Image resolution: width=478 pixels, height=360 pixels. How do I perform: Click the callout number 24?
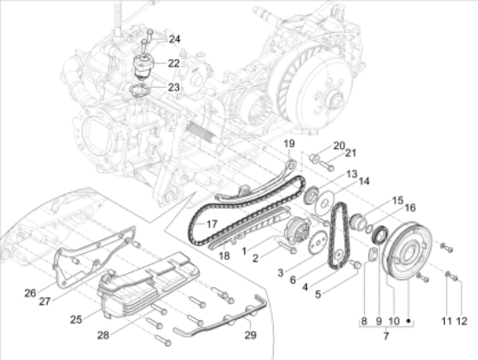click(x=175, y=39)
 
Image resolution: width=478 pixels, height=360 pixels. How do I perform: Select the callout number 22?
click(x=174, y=63)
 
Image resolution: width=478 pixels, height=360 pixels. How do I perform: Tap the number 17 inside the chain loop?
click(x=211, y=224)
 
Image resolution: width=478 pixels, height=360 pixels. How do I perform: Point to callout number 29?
click(x=250, y=335)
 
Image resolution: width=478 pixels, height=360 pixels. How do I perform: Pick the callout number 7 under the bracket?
click(x=386, y=336)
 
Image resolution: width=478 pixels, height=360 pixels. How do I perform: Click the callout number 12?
click(x=461, y=321)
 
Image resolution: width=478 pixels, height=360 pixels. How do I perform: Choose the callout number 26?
click(x=30, y=293)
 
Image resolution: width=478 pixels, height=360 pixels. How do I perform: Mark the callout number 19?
click(x=289, y=143)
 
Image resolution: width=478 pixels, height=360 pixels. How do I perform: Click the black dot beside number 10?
click(x=409, y=321)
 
